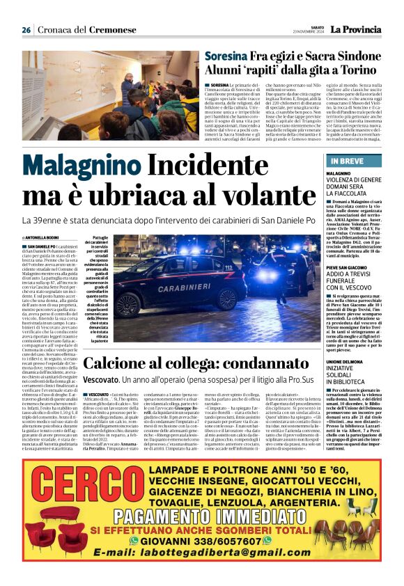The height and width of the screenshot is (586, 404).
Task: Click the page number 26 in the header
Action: (26, 30)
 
